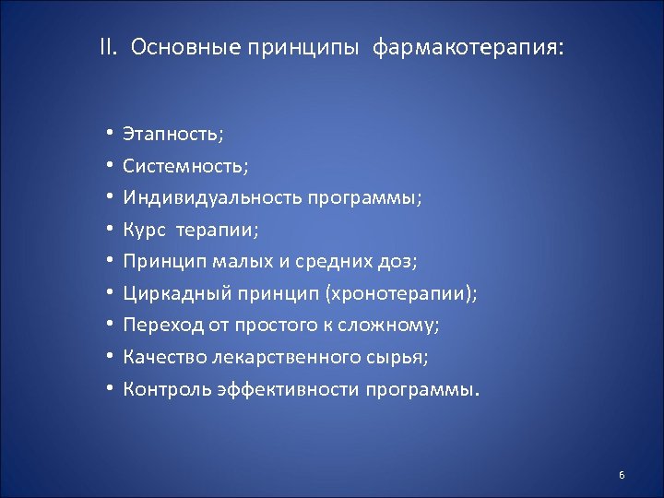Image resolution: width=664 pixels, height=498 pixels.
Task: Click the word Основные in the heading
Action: click(x=185, y=47)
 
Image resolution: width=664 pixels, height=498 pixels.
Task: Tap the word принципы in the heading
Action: click(x=302, y=48)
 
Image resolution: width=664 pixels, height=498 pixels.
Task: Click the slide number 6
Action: click(x=622, y=475)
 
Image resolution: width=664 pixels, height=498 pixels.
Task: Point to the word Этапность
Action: click(x=172, y=134)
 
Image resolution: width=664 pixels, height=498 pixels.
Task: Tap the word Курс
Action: click(x=146, y=230)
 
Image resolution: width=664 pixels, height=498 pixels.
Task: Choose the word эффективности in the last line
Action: click(x=290, y=388)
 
